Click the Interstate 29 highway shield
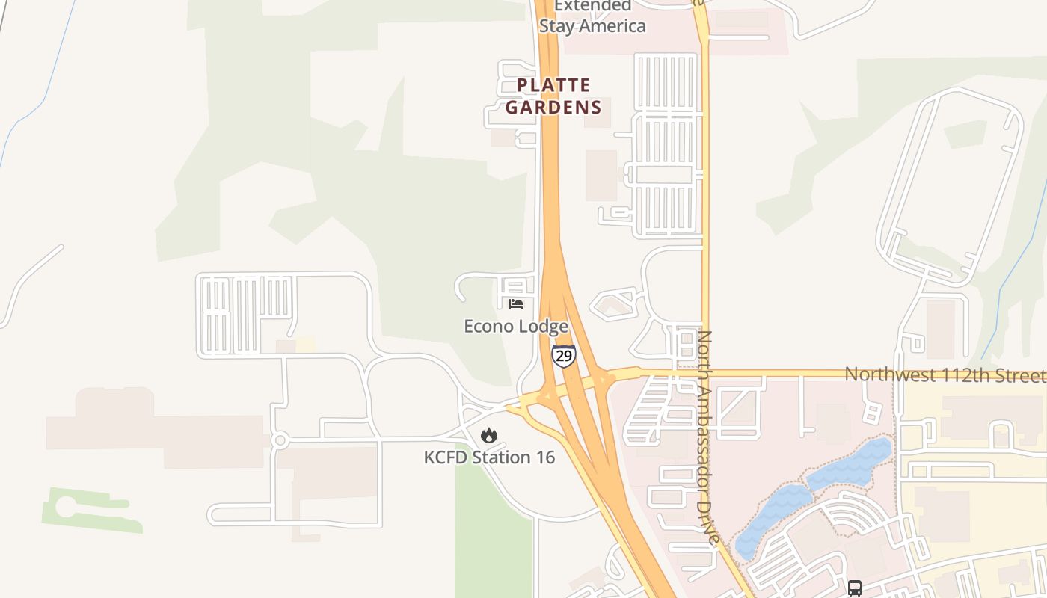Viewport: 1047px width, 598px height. (x=564, y=355)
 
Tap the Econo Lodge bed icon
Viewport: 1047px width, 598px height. (x=516, y=303)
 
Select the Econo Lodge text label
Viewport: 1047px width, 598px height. (x=516, y=327)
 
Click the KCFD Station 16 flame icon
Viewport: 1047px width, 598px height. (x=488, y=435)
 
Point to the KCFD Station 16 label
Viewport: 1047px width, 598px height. (x=489, y=457)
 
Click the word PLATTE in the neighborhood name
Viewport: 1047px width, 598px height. (x=553, y=85)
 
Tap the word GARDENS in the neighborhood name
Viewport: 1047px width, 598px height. (x=553, y=107)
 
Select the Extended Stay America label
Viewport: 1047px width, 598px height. (x=592, y=16)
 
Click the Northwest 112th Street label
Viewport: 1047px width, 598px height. (x=945, y=374)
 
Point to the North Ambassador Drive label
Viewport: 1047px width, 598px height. (x=708, y=437)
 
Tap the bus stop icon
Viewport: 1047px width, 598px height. (x=855, y=588)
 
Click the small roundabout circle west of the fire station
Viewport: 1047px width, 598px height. (x=280, y=440)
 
